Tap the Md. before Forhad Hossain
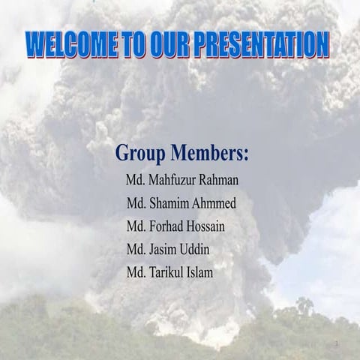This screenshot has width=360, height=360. (136, 226)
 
